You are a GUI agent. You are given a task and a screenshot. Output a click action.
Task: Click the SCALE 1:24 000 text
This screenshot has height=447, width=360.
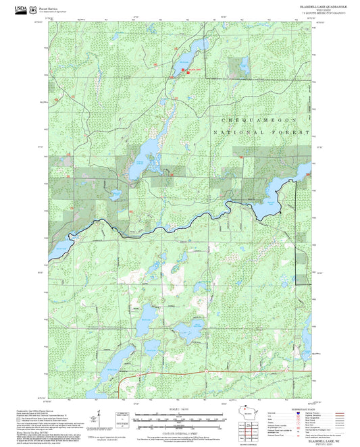[178, 410]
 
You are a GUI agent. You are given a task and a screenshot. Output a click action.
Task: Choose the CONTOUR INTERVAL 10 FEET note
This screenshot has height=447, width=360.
[178, 430]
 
